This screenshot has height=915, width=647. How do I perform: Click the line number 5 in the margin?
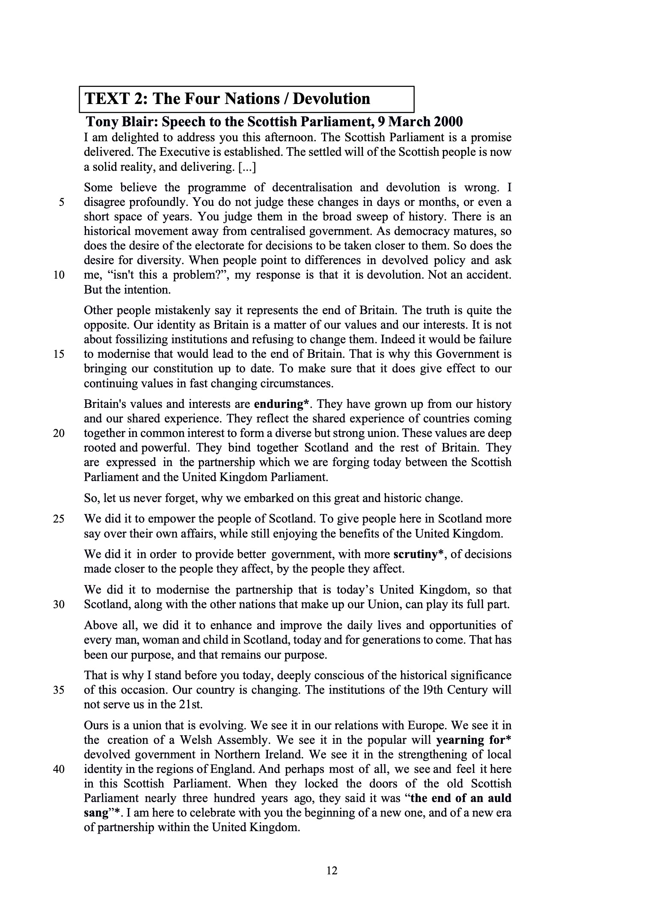62,202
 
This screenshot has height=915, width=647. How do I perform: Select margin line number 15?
59,354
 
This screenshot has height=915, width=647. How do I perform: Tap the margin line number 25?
59,519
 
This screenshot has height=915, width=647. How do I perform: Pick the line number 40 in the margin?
59,769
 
